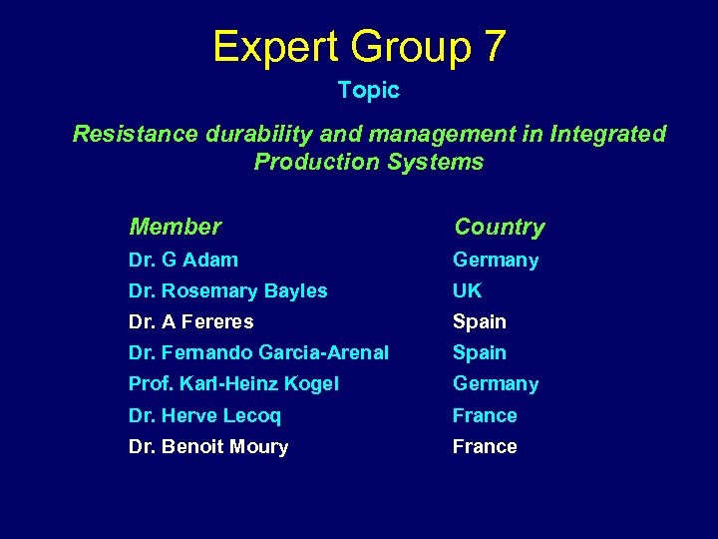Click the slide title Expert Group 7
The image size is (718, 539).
point(359,46)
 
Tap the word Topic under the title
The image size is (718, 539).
point(368,91)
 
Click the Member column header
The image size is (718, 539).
point(176,228)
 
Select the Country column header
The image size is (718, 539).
point(499,228)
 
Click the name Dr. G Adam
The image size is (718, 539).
point(183,261)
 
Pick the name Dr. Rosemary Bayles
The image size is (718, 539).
point(227,291)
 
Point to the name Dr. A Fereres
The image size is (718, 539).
point(190,322)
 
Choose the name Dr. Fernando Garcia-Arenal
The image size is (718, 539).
point(258,353)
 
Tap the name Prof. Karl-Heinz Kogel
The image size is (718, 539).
point(233,384)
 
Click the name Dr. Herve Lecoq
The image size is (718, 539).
point(204,415)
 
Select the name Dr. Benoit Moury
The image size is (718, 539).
point(208,447)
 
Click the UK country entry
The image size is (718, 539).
point(467,291)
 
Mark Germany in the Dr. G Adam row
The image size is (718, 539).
point(496,261)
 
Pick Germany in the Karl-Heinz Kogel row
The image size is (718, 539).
point(496,384)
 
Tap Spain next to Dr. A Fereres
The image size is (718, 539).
point(480,322)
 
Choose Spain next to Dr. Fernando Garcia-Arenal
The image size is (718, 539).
point(480,353)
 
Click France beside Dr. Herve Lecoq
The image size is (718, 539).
point(485,415)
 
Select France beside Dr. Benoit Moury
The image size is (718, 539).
point(485,447)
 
